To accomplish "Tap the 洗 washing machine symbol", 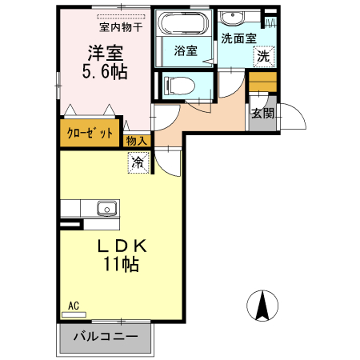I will (262, 57).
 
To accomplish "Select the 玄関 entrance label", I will (262, 113).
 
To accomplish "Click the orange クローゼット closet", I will (89, 133).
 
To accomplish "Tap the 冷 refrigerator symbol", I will (138, 162).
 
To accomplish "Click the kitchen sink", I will (107, 209).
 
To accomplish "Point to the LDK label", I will (120, 246).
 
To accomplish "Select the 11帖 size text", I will (120, 264).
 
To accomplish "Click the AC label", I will (73, 306).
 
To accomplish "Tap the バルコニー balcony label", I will (105, 336).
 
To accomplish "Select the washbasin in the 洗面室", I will (238, 18).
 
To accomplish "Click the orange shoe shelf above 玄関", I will (262, 81).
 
